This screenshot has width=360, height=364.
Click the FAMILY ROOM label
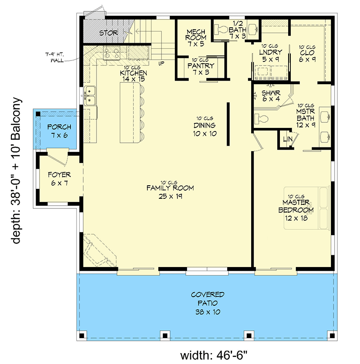[x=170, y=188]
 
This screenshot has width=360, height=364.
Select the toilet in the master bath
[x=261, y=119]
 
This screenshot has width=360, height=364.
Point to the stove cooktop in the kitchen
[x=112, y=53]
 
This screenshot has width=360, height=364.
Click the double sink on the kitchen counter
[x=89, y=96]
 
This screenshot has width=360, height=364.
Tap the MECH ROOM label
[x=196, y=35]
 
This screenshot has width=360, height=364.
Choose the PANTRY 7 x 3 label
[x=201, y=69]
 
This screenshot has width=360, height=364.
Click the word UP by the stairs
[x=161, y=63]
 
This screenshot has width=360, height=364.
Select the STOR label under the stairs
[x=108, y=33]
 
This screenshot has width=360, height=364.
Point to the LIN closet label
[x=288, y=139]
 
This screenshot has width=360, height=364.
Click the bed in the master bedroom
[x=307, y=208]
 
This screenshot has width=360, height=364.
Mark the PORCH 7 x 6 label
[x=59, y=131]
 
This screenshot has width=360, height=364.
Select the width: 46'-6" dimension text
[x=213, y=355]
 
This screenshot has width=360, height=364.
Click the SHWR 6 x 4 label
[x=271, y=96]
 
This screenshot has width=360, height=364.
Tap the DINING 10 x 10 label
[x=205, y=130]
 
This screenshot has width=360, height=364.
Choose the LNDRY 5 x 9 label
[x=271, y=56]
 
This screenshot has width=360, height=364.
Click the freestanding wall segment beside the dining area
[x=228, y=124]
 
